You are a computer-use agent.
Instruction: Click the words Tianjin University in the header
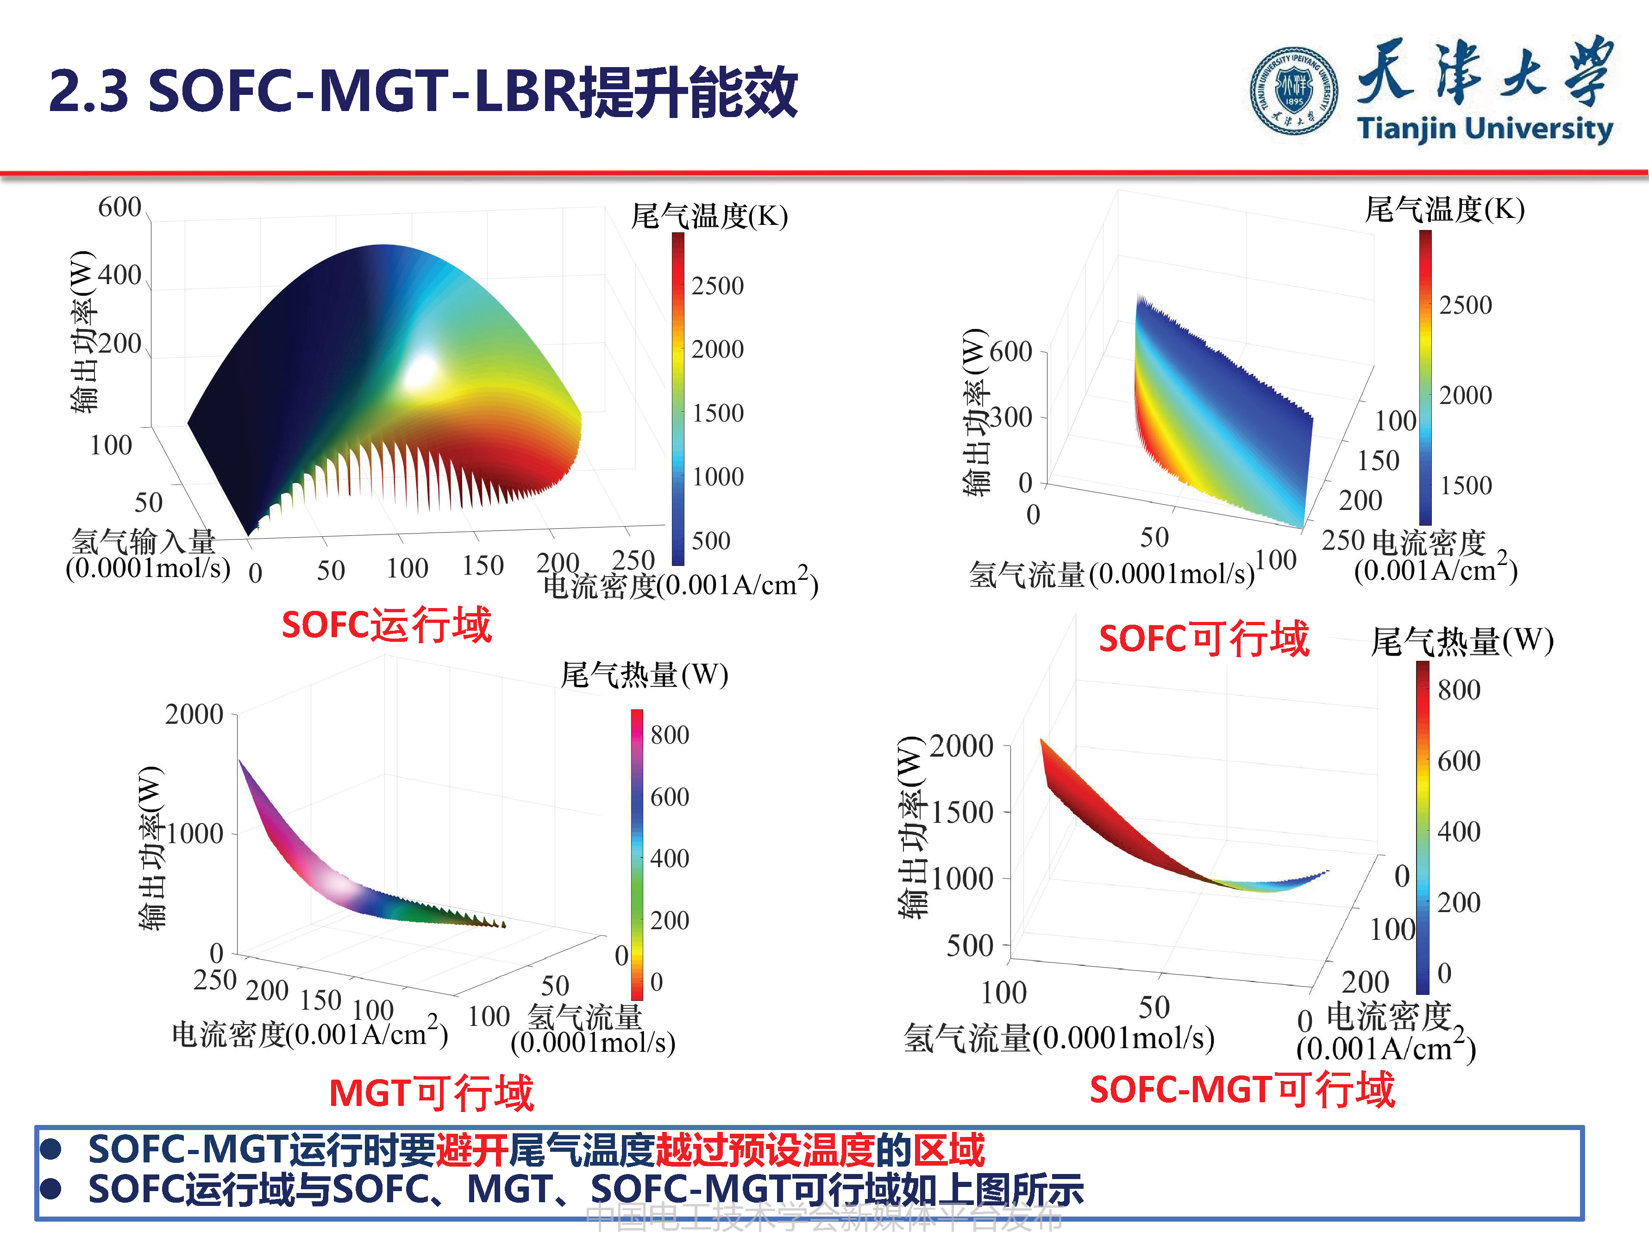coord(1484,128)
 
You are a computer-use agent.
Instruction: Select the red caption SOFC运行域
coord(386,624)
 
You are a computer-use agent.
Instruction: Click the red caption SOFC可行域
coord(1203,639)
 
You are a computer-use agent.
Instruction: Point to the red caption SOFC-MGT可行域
coord(1241,1090)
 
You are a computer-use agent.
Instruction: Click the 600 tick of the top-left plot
coord(119,207)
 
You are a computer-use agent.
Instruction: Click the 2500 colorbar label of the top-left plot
coord(717,286)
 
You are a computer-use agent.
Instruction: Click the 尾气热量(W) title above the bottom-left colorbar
coord(644,675)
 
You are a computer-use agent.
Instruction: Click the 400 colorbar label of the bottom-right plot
coord(1459,832)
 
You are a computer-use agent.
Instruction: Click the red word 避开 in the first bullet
coord(472,1149)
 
